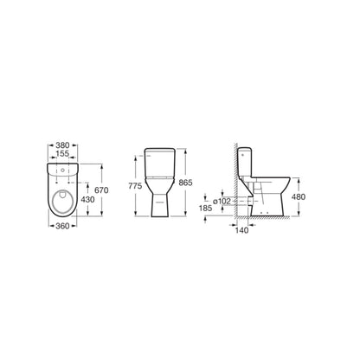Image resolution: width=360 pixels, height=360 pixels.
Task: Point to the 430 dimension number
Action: point(89,199)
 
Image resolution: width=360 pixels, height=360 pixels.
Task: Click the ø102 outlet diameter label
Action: point(221,200)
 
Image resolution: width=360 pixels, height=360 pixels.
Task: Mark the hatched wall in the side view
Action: point(236,186)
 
